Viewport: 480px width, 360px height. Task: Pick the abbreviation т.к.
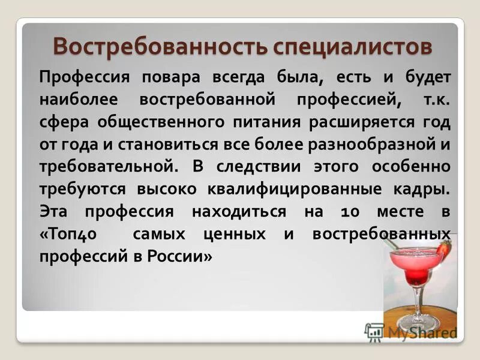(x=437, y=98)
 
